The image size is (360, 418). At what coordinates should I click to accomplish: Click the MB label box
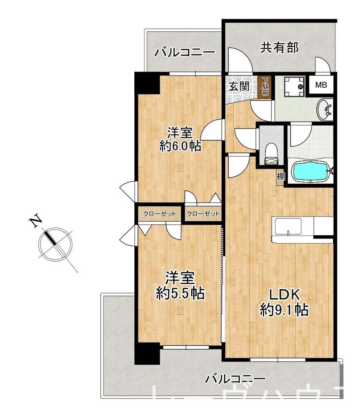coord(321,85)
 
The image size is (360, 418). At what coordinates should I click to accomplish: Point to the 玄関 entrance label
coord(238,87)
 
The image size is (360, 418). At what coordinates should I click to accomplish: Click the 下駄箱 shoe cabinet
coord(265,87)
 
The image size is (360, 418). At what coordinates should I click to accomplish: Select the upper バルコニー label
coord(185,53)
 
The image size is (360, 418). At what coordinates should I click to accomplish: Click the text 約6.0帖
coord(180,146)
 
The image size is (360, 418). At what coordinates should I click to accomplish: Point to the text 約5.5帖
coord(180,293)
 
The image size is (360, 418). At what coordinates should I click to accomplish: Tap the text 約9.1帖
coord(284,311)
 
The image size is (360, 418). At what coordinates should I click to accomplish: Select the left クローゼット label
coord(160,213)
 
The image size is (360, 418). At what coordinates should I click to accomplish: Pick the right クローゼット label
coord(203,213)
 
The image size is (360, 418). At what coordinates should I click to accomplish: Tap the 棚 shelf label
coord(280,177)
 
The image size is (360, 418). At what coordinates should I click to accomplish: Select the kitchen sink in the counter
coord(288,226)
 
